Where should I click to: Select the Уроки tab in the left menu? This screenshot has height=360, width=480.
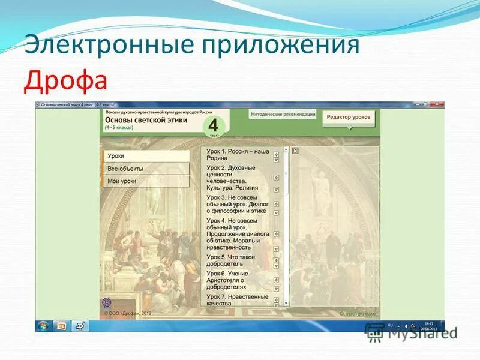[x=145, y=156]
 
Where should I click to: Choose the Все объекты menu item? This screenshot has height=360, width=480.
[x=145, y=169]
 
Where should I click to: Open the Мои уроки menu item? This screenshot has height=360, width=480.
[x=145, y=181]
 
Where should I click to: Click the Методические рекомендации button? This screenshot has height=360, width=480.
[x=282, y=114]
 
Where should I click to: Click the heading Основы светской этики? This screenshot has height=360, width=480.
[x=146, y=120]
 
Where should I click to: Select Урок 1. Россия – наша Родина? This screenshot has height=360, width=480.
[x=238, y=155]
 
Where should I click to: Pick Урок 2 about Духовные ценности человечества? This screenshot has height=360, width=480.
[x=237, y=178]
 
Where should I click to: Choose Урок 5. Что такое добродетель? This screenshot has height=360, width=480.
[x=230, y=260]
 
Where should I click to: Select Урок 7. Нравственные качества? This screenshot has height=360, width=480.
[x=237, y=299]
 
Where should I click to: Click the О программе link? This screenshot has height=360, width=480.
[x=358, y=313]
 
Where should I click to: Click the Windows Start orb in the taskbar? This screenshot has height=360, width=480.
[x=43, y=326]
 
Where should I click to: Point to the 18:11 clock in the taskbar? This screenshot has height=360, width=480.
[x=428, y=325]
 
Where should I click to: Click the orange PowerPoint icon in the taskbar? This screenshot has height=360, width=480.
[x=61, y=326]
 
